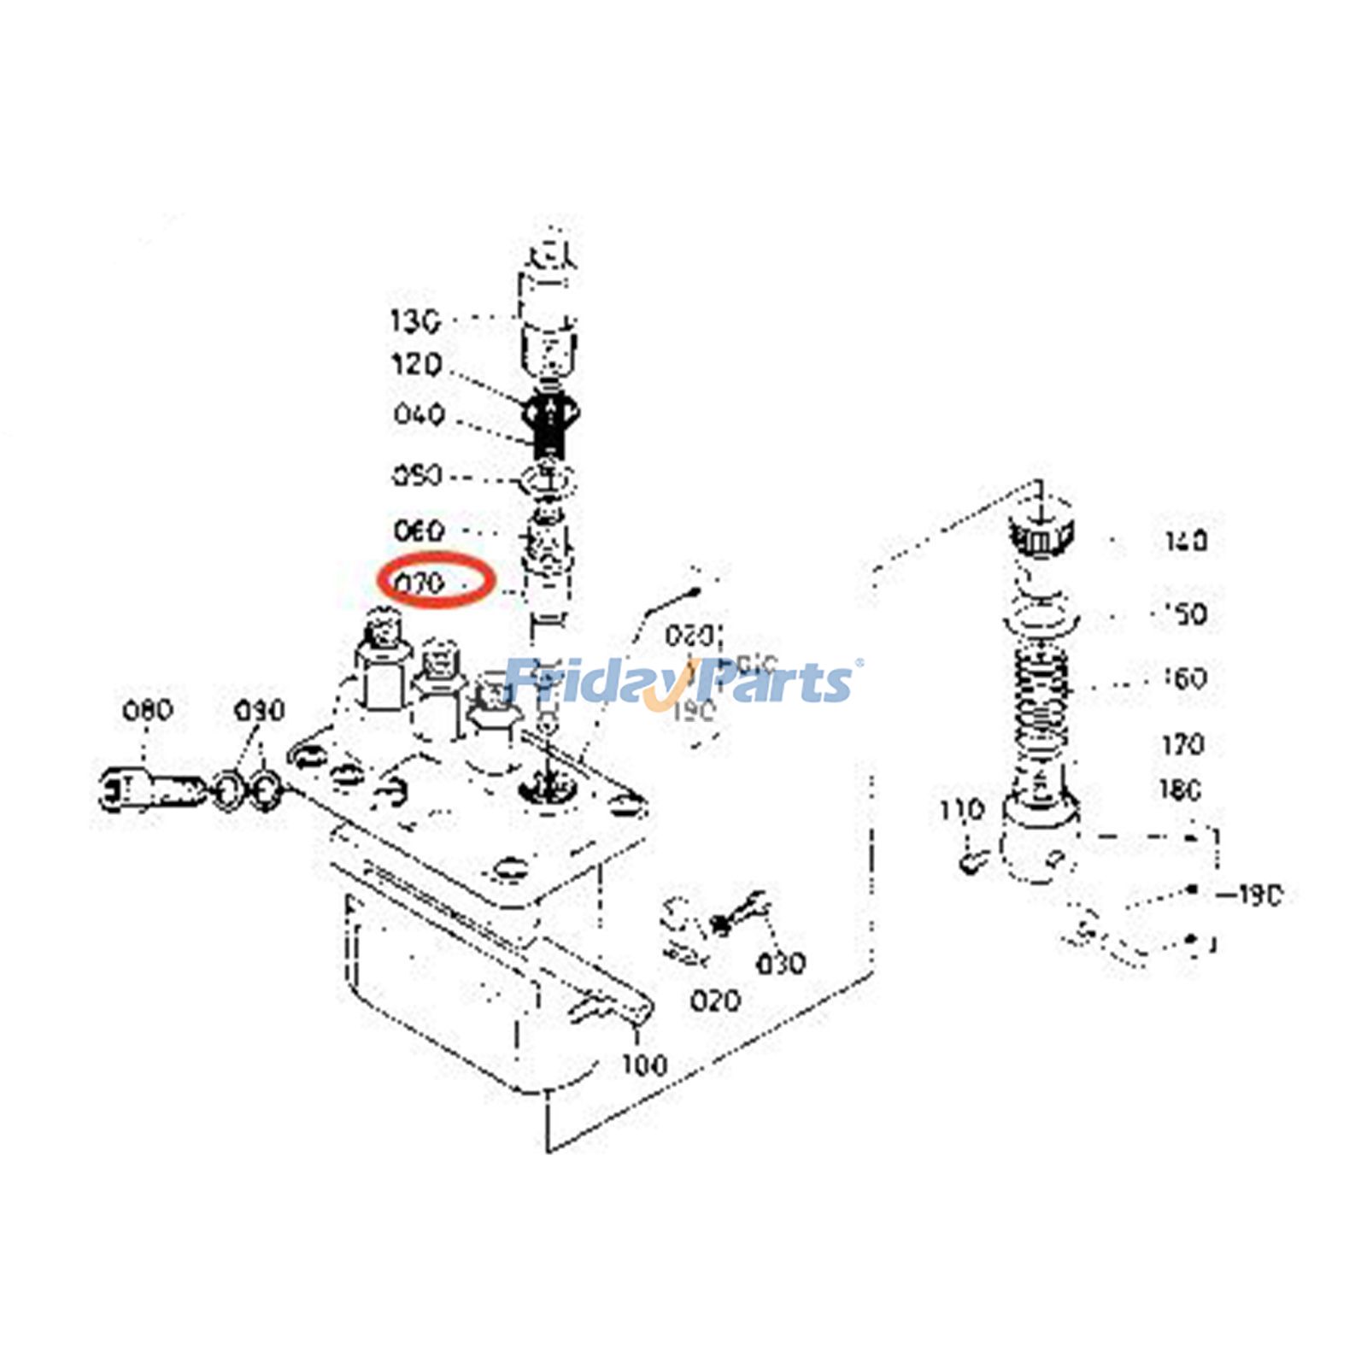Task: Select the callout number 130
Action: pos(415,322)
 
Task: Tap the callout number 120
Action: pos(416,365)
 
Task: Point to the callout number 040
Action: pos(419,415)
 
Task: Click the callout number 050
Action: pos(417,475)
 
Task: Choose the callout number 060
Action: pos(419,531)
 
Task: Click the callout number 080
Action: pos(147,710)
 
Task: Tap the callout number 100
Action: pos(643,1065)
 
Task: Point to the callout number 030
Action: pos(780,964)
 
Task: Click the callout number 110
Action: pos(961,810)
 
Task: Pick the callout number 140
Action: pos(1186,541)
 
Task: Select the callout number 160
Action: pos(1186,678)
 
